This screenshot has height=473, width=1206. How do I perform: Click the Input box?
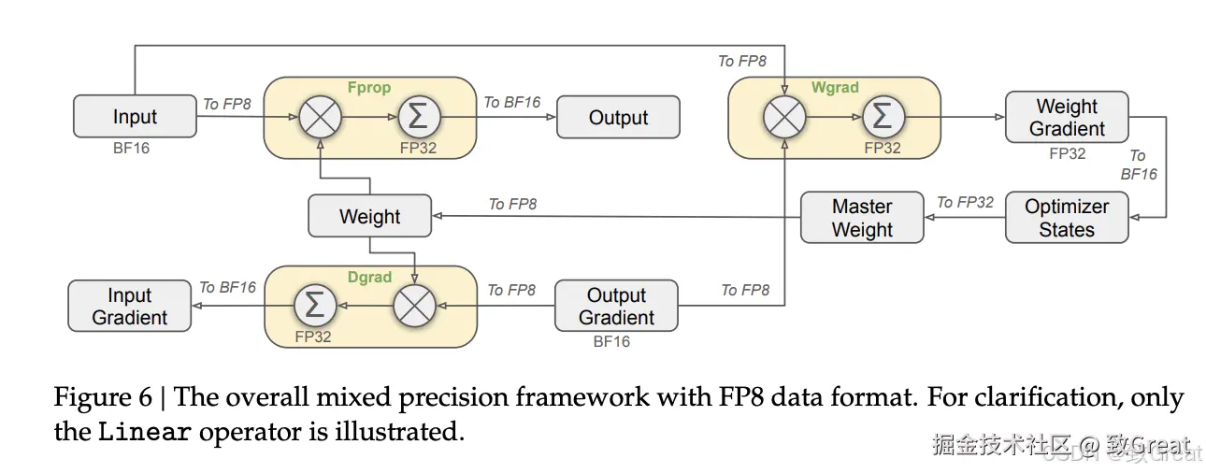[135, 117]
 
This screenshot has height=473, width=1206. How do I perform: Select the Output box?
[618, 118]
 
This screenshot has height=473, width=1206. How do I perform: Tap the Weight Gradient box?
[1067, 118]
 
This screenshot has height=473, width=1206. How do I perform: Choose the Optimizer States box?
[1067, 218]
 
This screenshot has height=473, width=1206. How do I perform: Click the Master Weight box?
[862, 218]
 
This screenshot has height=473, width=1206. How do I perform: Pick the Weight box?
[369, 217]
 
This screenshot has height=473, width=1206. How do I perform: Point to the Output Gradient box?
[616, 306]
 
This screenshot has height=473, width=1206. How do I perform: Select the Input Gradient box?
[129, 307]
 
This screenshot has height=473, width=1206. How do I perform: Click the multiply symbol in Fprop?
[320, 118]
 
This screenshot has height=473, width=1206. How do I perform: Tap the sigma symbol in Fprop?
[420, 118]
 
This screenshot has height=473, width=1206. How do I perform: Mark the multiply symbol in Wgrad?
[784, 118]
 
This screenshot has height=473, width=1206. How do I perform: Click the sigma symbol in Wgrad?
[883, 118]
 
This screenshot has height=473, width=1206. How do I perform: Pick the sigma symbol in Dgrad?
[316, 306]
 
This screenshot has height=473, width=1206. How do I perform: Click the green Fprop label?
[368, 88]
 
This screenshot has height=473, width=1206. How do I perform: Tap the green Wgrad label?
[834, 87]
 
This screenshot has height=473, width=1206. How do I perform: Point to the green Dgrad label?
[369, 277]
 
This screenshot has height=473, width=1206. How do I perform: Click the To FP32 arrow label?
[965, 202]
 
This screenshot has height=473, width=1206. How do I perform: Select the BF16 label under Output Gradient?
[611, 342]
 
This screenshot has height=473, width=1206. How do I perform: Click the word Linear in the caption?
[146, 433]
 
